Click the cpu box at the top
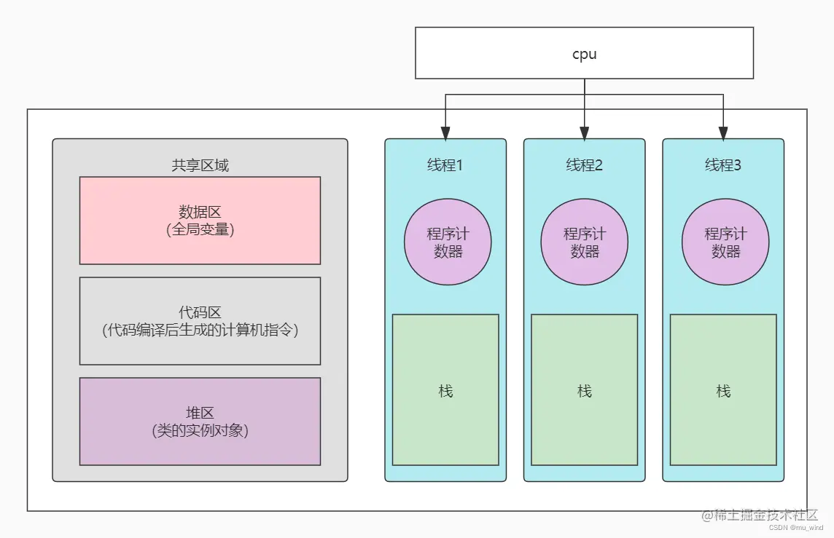584,53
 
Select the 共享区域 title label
200,165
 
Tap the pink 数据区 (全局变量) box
200,220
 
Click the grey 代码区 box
200,320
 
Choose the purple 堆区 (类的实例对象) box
200,421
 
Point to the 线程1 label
445,165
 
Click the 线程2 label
584,165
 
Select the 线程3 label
722,165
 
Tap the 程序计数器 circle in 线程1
448,242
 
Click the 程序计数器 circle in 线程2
584,242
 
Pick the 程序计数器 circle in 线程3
725,242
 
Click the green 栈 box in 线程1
445,390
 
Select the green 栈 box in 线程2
584,390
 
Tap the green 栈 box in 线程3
723,390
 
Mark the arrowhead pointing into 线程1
445,133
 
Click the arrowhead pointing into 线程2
584,133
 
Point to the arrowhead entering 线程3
723,133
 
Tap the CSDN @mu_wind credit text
796,529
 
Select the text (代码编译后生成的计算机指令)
200,330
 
